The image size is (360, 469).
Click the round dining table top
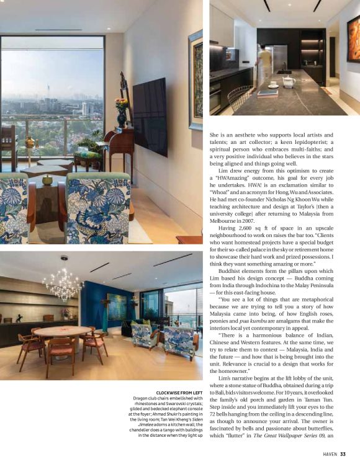63,332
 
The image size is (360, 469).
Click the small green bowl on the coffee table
47,179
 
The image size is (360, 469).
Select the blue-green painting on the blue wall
117,307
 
